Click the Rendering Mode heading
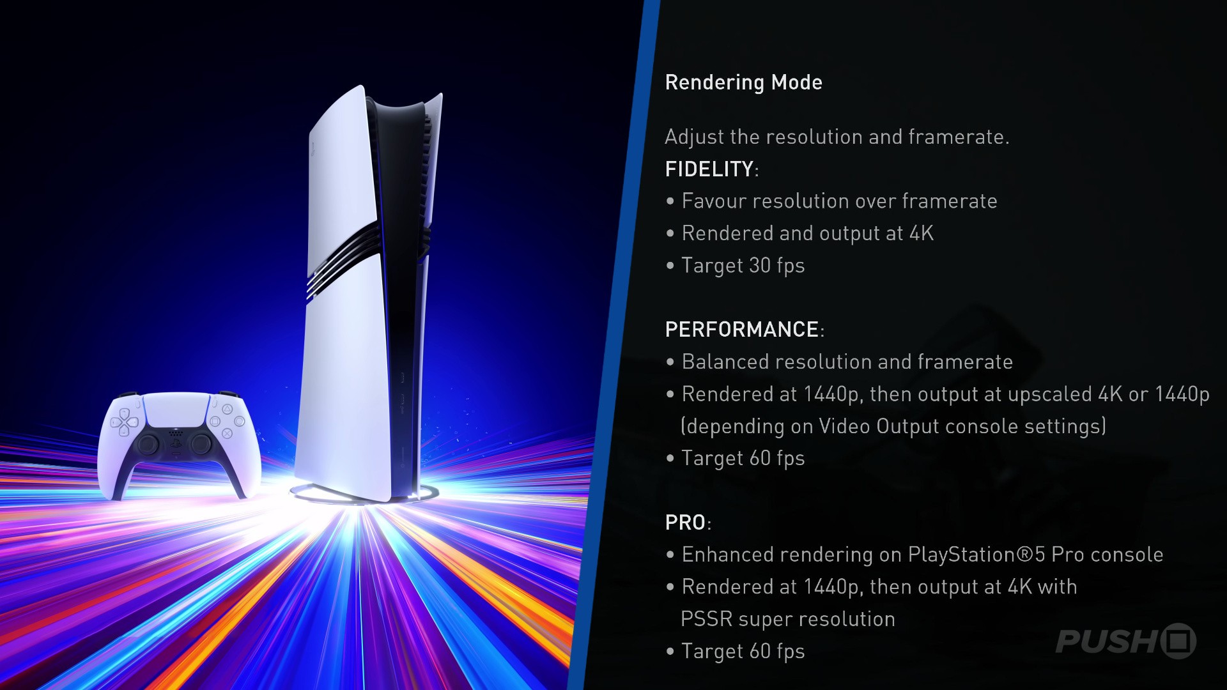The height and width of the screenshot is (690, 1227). coord(743,82)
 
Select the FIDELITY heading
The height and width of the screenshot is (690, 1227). coord(710,169)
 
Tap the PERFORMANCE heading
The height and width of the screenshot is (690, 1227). coord(742,330)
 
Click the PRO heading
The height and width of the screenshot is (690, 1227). coord(685,523)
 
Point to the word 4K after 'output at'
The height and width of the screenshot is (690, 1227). coord(922,234)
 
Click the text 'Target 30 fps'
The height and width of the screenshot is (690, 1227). coord(743,266)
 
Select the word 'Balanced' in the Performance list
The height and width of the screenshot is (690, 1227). coord(724,362)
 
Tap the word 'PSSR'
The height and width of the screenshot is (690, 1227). coord(706,619)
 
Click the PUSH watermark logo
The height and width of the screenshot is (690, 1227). coord(1125,641)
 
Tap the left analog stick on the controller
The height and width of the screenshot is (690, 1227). coord(148,443)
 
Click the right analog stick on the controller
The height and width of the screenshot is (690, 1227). coord(201,443)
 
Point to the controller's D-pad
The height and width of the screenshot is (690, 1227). coord(124,422)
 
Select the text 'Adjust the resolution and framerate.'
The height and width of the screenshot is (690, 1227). coord(837,137)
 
